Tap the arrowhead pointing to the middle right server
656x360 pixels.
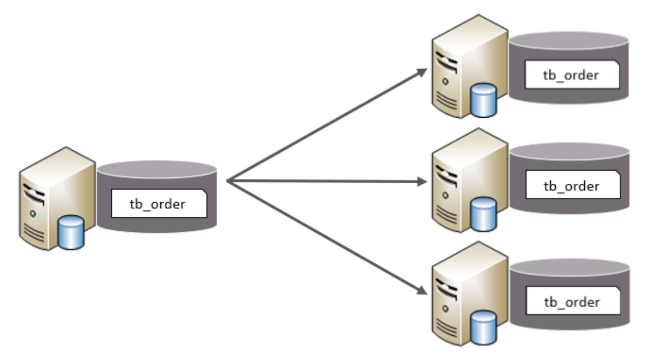[422, 182]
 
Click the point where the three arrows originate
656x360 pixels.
[227, 181]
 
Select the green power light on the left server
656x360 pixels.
[33, 214]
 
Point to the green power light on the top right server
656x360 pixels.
[445, 81]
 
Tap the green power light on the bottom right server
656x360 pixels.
[445, 309]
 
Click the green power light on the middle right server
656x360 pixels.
[445, 195]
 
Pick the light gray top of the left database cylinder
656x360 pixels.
[157, 169]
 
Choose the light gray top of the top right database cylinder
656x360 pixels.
[569, 40]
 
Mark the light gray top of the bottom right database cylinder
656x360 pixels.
[570, 268]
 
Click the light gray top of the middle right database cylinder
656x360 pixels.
[570, 152]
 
